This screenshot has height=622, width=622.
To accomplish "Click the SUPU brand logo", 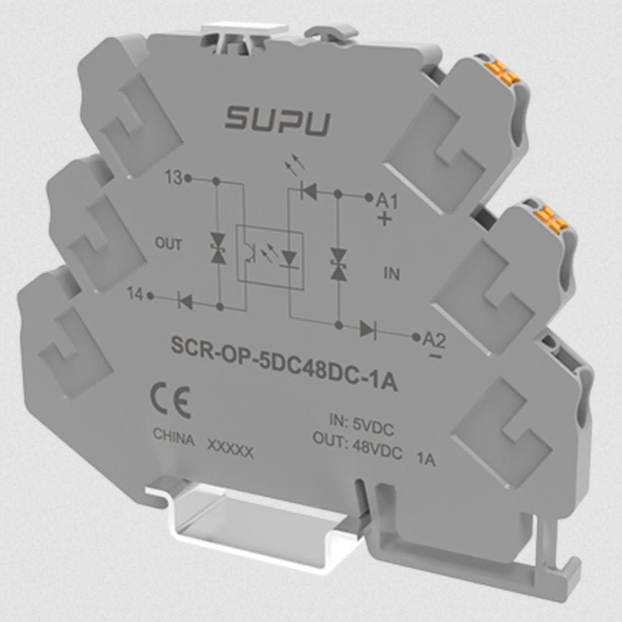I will click(x=278, y=120).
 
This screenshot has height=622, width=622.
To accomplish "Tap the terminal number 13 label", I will click(x=172, y=177).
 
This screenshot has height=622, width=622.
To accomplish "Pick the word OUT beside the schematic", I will click(x=168, y=244).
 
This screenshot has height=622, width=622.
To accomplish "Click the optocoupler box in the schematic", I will click(x=269, y=258).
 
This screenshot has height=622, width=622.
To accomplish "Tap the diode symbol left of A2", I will click(x=367, y=330).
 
